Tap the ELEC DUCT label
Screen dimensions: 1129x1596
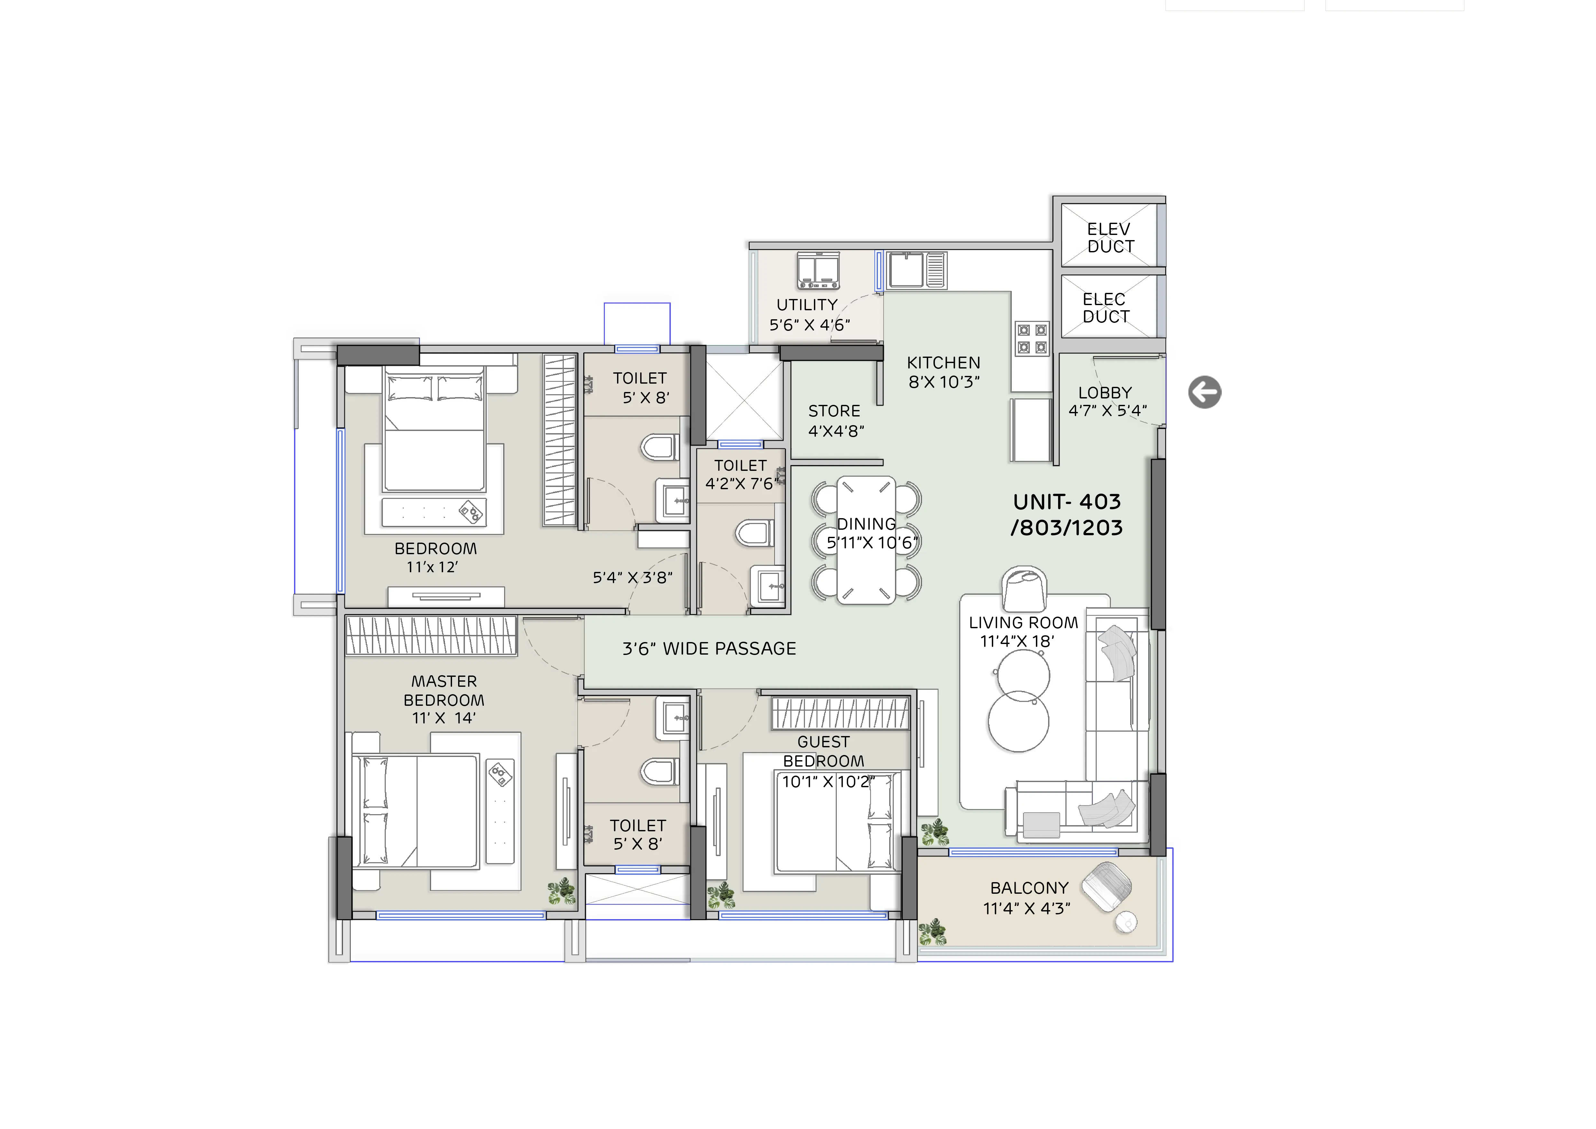tap(1105, 308)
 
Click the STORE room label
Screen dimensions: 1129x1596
tap(834, 412)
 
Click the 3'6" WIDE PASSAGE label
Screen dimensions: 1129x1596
tap(709, 648)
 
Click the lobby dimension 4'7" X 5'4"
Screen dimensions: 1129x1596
tap(1107, 411)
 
